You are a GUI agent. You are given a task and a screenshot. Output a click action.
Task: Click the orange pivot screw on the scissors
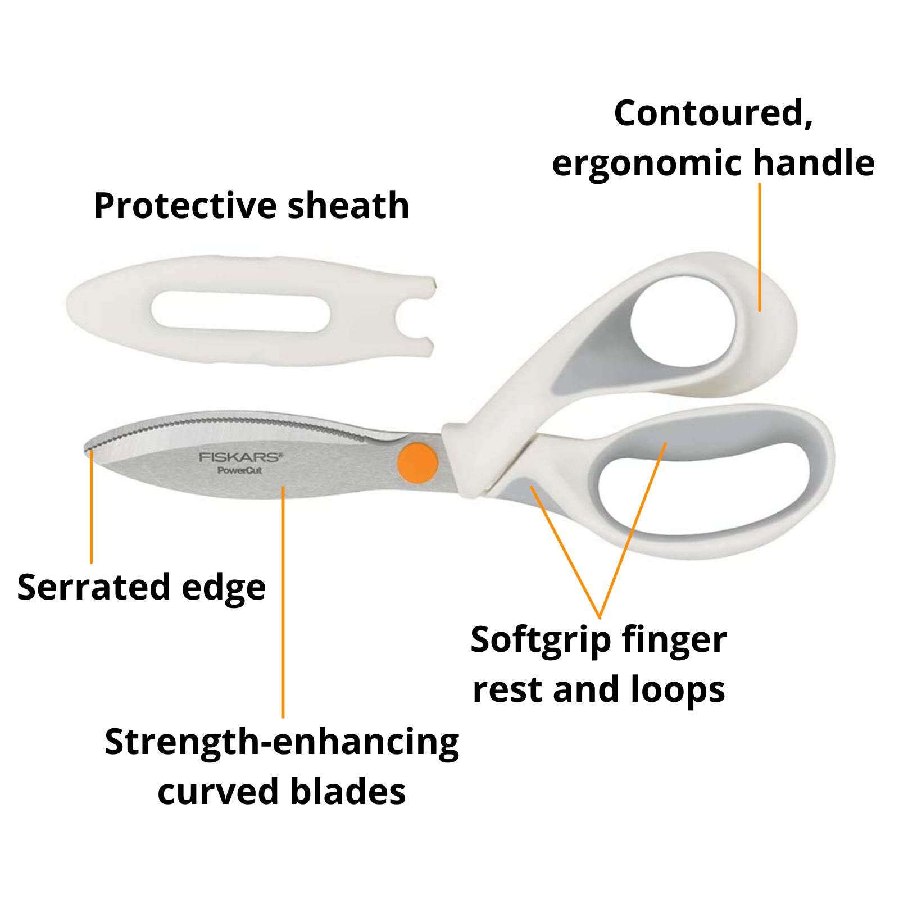click(417, 462)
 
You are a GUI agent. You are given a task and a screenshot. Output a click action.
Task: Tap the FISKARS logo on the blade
click(241, 457)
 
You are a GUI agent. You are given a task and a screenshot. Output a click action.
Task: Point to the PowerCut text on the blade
click(240, 470)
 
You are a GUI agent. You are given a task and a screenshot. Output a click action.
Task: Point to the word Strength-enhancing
click(282, 743)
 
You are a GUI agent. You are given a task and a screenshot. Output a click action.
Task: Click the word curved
click(219, 792)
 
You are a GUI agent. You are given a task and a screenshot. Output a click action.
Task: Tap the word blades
click(348, 792)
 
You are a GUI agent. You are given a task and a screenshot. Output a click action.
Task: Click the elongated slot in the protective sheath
click(240, 311)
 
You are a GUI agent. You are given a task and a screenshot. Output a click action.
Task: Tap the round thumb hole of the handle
click(683, 321)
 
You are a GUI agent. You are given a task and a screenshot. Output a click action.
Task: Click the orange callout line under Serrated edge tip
click(91, 506)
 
